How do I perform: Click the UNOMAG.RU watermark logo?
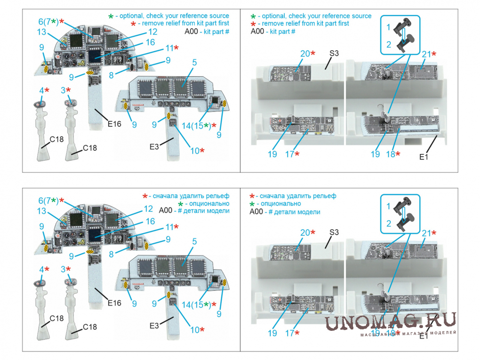390,321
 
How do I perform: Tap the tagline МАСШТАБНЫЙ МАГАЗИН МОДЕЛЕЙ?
408,333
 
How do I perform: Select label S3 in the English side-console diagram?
333,54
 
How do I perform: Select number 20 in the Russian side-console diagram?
305,232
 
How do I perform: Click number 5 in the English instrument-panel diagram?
194,62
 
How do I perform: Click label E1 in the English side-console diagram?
424,157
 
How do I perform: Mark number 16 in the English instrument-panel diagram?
150,42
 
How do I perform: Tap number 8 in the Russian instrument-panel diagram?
111,254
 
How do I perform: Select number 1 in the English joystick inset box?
388,28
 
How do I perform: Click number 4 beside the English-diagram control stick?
41,90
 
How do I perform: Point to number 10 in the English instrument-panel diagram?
195,151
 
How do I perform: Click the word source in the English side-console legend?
360,16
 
